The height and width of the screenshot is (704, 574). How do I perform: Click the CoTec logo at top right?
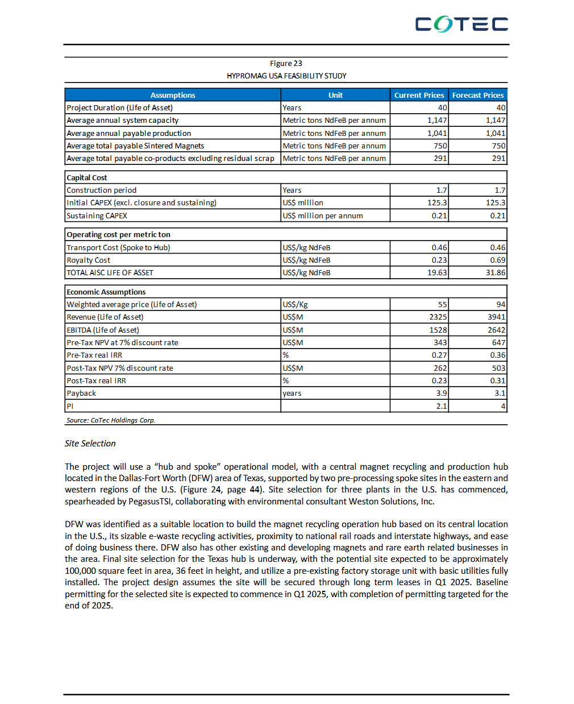(461, 24)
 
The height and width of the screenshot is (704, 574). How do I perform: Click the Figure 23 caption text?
(286, 63)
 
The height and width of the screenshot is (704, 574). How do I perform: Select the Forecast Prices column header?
(477, 95)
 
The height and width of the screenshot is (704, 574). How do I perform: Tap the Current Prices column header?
(419, 95)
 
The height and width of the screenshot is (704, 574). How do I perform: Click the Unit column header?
(335, 95)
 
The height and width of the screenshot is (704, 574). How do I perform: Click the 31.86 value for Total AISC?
(495, 272)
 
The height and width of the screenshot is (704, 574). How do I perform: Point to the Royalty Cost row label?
(89, 260)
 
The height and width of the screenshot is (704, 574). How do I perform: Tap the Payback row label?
(81, 393)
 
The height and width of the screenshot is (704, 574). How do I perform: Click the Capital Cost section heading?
(87, 177)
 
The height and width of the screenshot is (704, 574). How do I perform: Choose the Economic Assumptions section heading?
(106, 292)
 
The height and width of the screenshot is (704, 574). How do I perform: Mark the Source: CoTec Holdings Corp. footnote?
(111, 420)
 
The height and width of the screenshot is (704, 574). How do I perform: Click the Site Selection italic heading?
(90, 444)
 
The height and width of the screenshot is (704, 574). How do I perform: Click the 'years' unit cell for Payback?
(292, 393)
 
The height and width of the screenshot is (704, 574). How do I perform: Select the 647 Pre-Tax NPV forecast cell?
(498, 342)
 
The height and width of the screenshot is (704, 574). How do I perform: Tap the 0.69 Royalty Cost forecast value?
(497, 260)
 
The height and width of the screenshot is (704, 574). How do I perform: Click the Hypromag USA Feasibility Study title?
(286, 76)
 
